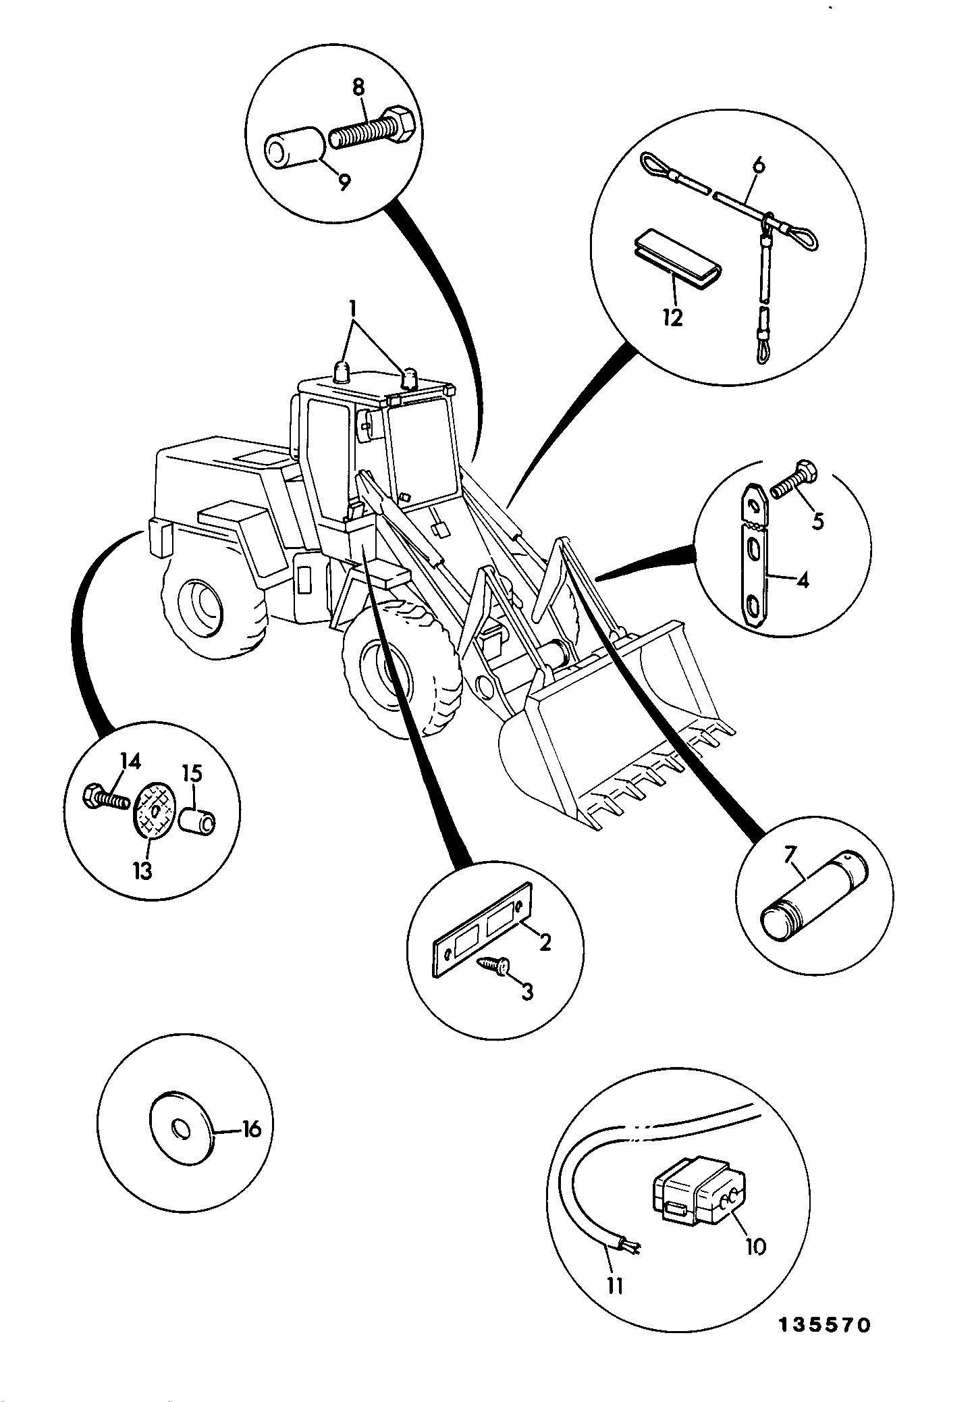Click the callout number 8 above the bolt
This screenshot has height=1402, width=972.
click(x=358, y=87)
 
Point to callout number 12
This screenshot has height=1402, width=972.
click(x=673, y=317)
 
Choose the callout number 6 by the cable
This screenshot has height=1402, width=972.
click(x=759, y=165)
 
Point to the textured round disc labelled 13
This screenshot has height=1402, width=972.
click(x=154, y=809)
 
